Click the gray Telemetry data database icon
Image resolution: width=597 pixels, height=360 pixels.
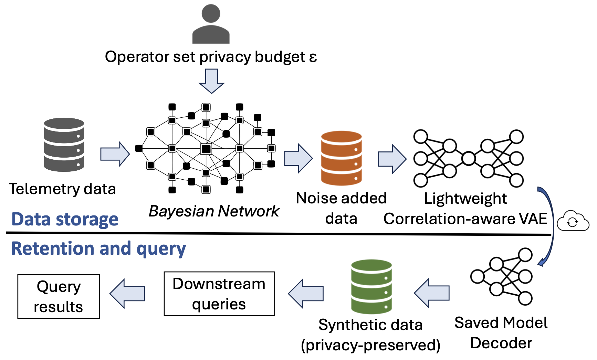[x=64, y=145]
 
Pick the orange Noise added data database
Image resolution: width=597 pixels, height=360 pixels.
[x=341, y=158]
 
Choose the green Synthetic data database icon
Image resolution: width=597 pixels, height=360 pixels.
[x=371, y=287]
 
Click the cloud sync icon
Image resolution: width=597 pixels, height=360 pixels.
[x=573, y=221]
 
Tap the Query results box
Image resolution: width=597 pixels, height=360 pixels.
[x=59, y=296]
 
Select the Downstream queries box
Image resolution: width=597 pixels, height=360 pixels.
[x=219, y=294]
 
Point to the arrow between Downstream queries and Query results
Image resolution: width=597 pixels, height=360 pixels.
[x=127, y=294]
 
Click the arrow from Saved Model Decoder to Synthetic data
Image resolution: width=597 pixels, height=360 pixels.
[x=432, y=293]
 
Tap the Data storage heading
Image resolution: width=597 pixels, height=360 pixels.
[x=65, y=219]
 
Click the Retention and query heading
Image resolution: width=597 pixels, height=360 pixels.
[x=98, y=248]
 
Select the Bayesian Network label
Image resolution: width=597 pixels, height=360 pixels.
[x=214, y=211]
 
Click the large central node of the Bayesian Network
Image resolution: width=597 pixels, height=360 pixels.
[x=206, y=149]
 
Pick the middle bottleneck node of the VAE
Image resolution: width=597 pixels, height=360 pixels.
[x=468, y=159]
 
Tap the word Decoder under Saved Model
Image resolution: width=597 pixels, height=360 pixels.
[x=501, y=343]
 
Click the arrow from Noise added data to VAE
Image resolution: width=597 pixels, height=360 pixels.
[x=392, y=159]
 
